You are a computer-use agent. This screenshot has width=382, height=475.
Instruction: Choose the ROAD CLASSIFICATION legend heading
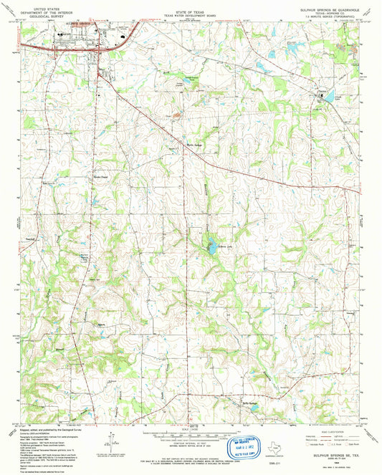pyautogui.click(x=333, y=430)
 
